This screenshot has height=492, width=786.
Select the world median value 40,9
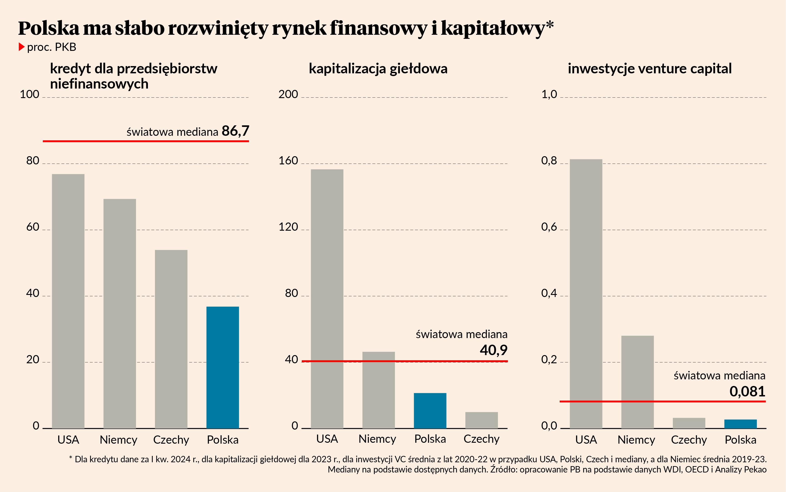pyautogui.click(x=493, y=350)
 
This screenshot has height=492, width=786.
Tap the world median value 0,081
pyautogui.click(x=747, y=391)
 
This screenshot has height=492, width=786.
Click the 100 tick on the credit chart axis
pyautogui.click(x=29, y=94)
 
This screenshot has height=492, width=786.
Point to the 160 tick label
pyautogui.click(x=288, y=161)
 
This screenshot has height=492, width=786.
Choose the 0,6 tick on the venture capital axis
pyautogui.click(x=549, y=227)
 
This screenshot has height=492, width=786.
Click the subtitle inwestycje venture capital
pyautogui.click(x=650, y=69)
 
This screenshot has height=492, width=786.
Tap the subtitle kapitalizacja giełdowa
pyautogui.click(x=378, y=69)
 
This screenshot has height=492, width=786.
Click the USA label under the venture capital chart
pyautogui.click(x=586, y=440)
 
